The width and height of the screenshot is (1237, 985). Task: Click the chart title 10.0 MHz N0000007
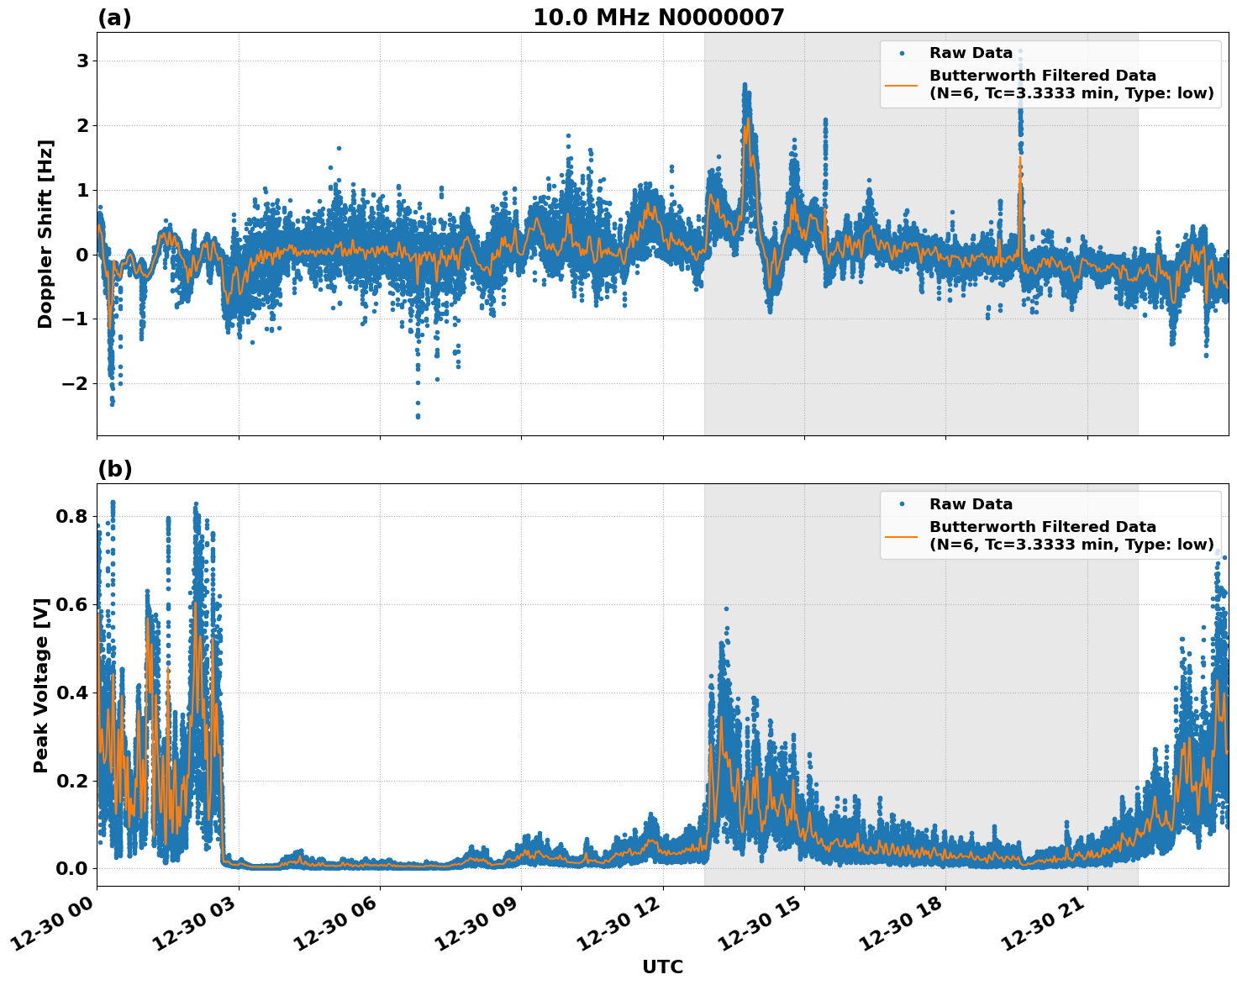(658, 18)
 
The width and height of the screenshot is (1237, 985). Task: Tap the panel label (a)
(114, 18)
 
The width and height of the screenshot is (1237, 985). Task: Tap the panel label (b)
(114, 469)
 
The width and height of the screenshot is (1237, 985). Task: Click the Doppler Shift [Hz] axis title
(45, 234)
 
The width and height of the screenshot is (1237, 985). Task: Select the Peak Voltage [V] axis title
(41, 685)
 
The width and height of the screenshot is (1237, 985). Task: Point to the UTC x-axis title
(662, 967)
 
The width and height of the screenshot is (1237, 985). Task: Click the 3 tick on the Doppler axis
(82, 61)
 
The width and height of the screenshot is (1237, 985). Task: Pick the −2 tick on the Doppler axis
(76, 383)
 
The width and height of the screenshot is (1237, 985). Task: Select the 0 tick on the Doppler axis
(82, 255)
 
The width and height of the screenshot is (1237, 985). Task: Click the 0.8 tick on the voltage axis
(72, 516)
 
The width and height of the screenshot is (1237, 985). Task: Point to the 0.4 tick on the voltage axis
(72, 693)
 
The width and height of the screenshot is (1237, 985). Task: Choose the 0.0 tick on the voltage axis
(72, 868)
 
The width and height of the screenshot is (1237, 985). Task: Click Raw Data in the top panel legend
(971, 53)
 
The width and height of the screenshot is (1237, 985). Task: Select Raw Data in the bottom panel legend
(971, 504)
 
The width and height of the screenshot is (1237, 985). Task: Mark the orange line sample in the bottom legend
(902, 535)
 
